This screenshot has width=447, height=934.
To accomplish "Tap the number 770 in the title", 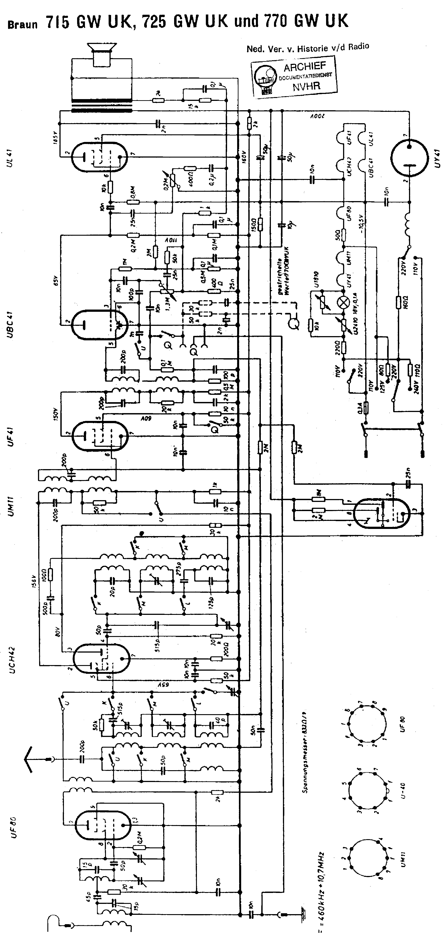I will (x=274, y=21).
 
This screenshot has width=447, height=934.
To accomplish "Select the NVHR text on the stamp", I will (x=306, y=86).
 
